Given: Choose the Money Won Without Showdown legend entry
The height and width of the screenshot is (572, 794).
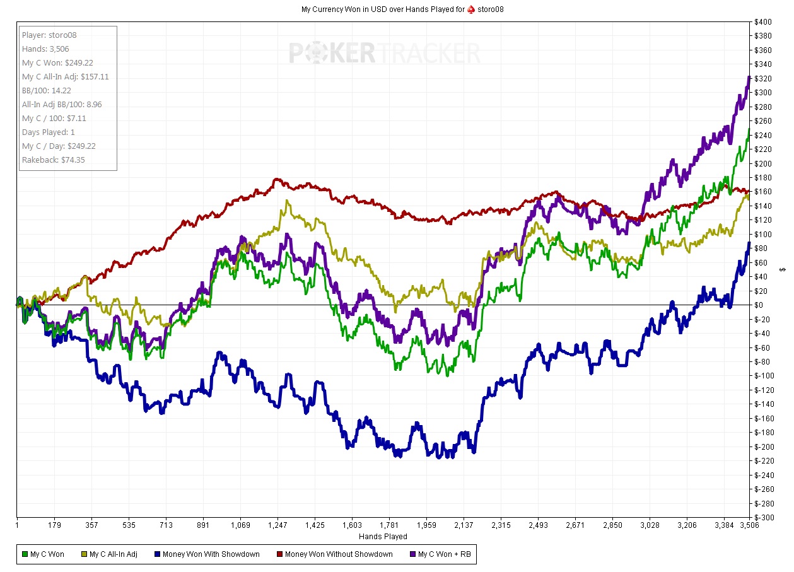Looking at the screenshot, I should (x=334, y=554).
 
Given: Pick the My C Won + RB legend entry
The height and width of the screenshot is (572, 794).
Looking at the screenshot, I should (x=441, y=554).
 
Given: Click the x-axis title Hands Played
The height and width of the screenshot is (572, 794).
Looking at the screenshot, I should (x=383, y=537).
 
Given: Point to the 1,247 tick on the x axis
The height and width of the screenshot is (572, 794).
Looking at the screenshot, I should (x=277, y=525).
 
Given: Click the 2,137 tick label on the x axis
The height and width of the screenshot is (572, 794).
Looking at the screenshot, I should (x=464, y=525).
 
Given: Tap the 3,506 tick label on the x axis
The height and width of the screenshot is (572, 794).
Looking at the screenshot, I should (x=749, y=525).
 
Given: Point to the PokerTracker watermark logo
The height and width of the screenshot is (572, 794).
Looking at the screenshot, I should (x=384, y=53).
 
